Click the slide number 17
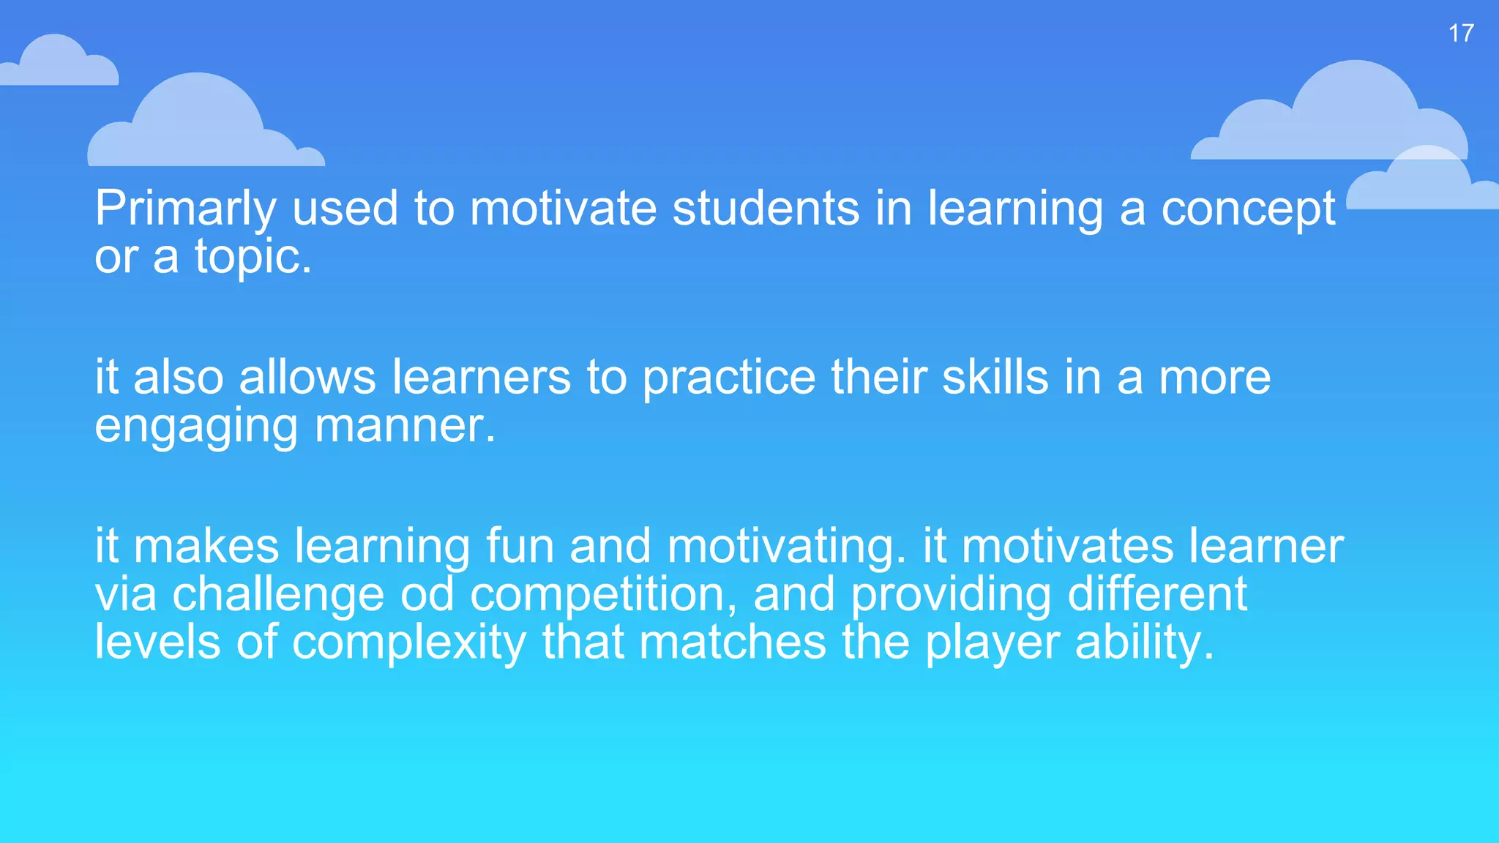(1461, 33)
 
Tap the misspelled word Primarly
(185, 209)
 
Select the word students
(766, 208)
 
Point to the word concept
(1249, 209)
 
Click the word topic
(248, 257)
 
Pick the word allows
(307, 378)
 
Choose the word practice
(728, 379)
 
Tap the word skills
(995, 378)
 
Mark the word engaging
(196, 427)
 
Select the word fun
(520, 546)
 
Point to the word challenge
(278, 594)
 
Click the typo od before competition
(427, 593)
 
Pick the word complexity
(409, 642)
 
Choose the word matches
(732, 642)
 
